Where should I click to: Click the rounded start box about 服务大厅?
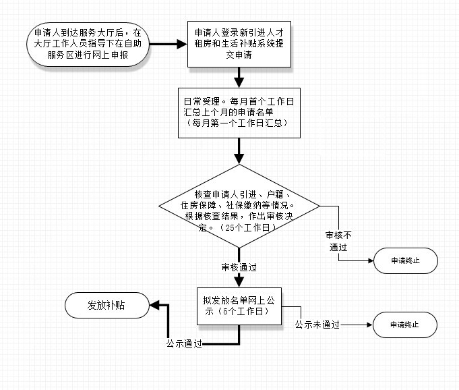[x=88, y=45]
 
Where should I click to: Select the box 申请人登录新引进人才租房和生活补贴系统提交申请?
[x=239, y=44]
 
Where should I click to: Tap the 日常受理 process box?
[x=239, y=113]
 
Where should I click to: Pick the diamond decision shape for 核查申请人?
[x=239, y=206]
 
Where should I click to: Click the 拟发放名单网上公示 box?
[x=239, y=306]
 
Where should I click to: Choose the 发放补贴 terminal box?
[x=107, y=305]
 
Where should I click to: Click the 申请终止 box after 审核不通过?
[x=406, y=260]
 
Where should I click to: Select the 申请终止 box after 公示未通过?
[x=405, y=325]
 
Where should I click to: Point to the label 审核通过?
[x=239, y=267]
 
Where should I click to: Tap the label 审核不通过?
[x=338, y=241]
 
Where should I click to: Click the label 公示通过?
[x=184, y=343]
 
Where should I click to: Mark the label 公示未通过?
[x=317, y=325]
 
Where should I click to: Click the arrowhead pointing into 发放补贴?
[x=154, y=305]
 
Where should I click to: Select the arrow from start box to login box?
[x=168, y=45]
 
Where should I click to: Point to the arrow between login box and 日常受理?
[x=239, y=78]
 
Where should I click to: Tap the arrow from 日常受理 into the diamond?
[x=239, y=151]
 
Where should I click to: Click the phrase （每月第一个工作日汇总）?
[x=237, y=123]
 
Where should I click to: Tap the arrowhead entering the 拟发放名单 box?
[x=239, y=283]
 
